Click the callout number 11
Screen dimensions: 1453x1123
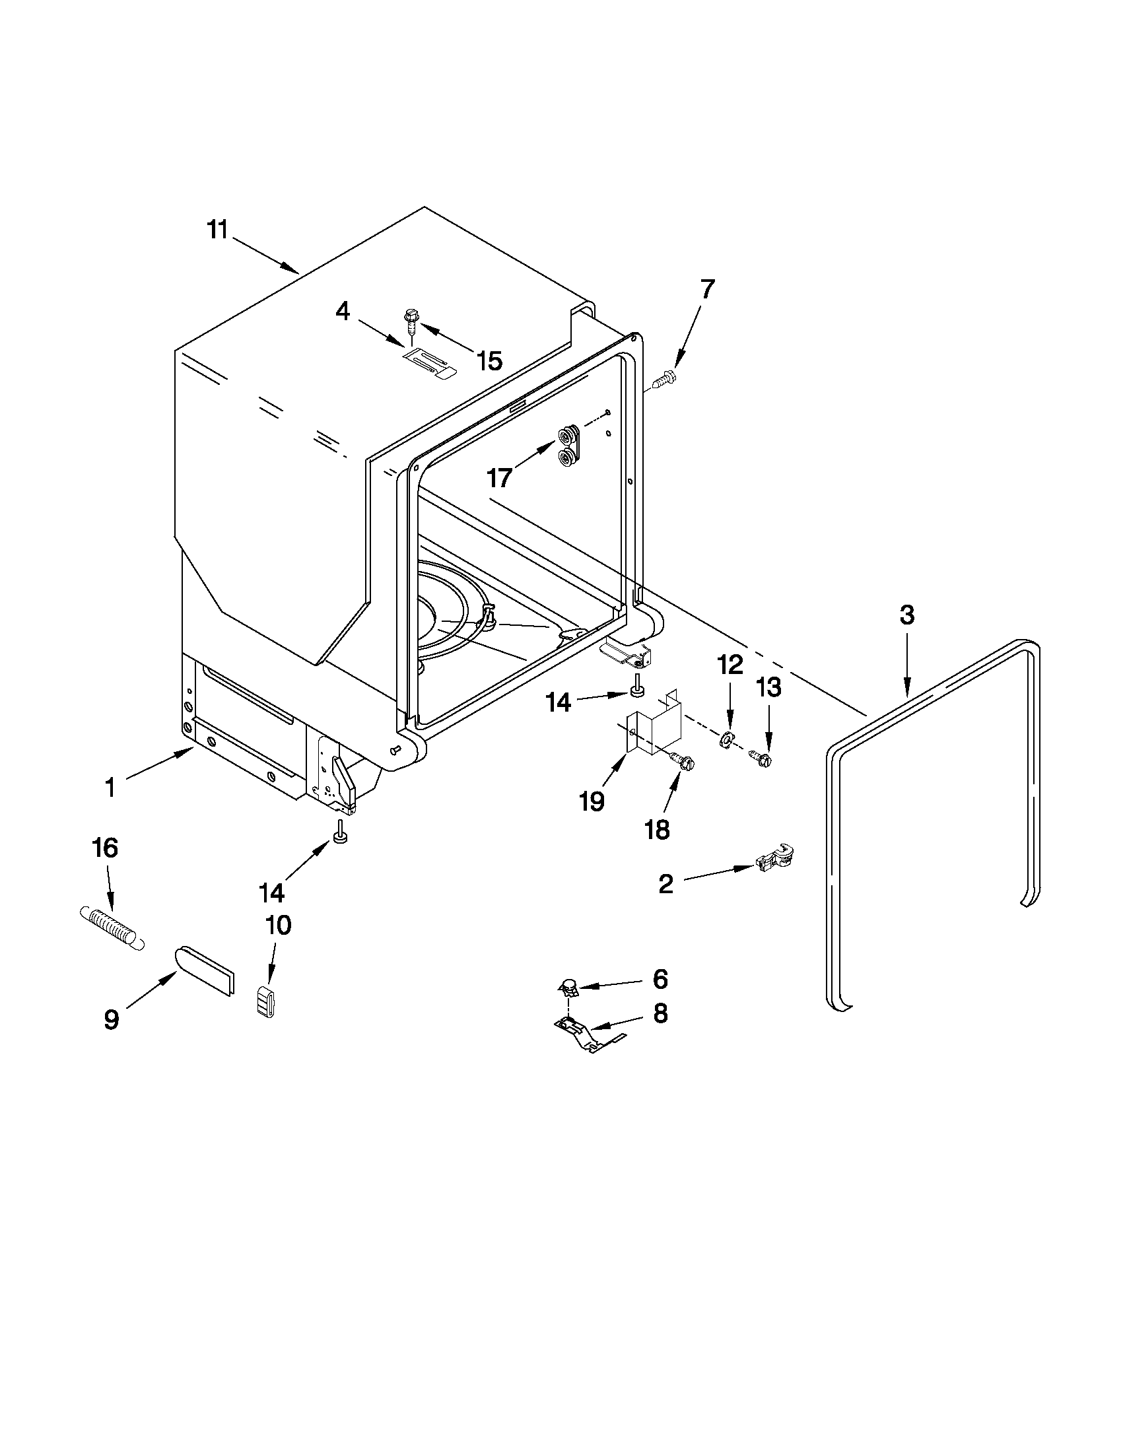coord(217,230)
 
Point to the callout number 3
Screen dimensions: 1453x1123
coord(906,615)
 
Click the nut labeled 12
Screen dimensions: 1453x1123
coord(727,739)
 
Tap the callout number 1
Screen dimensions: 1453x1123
coord(110,788)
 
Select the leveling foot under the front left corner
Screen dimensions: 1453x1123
coord(341,834)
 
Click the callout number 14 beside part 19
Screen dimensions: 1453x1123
coord(558,702)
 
